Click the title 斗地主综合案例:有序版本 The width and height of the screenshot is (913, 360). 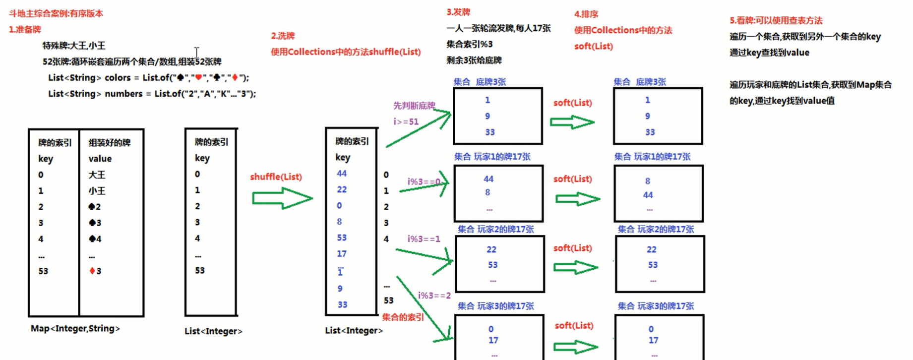click(56, 13)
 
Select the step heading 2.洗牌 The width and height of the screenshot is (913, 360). click(283, 36)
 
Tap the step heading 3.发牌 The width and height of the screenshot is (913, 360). click(458, 12)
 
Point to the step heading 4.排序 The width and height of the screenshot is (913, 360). click(586, 14)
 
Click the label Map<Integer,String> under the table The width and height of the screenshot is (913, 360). click(75, 328)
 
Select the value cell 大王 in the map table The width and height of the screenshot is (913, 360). click(97, 175)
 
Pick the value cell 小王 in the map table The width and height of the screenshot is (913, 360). click(97, 190)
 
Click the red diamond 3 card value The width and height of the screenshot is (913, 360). click(95, 271)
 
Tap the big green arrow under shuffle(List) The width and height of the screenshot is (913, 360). click(282, 198)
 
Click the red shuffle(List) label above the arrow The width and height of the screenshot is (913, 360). click(276, 177)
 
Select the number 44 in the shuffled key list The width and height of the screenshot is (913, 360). click(342, 173)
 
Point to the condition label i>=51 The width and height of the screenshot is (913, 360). click(406, 121)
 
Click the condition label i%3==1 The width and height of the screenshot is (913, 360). click(424, 239)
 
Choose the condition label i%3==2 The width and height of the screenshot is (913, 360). click(434, 296)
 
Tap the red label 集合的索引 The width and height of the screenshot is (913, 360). click(403, 317)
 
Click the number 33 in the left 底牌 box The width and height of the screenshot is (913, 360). click(490, 132)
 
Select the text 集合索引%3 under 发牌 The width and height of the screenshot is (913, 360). click(469, 44)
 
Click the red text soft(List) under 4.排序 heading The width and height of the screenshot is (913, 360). click(594, 46)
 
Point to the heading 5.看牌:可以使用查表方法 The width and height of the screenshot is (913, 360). click(776, 20)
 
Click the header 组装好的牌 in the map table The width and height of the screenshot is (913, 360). click(110, 143)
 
